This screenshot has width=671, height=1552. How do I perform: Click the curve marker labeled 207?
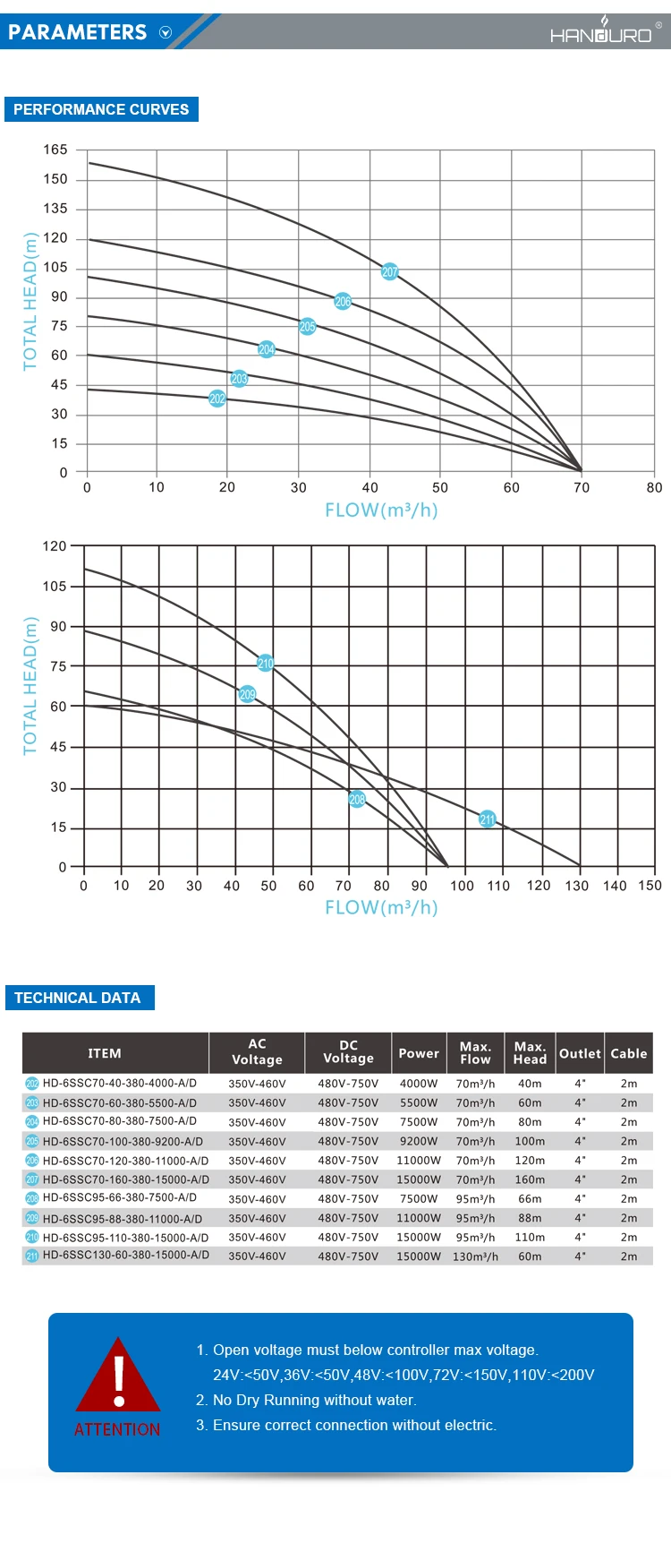click(389, 271)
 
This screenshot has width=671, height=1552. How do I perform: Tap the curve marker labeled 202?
click(217, 399)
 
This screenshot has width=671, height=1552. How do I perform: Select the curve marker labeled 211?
click(487, 819)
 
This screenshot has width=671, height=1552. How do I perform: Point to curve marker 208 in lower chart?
click(357, 799)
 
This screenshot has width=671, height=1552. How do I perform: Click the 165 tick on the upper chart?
click(55, 150)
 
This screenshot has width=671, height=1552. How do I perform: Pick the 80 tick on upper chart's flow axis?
click(654, 487)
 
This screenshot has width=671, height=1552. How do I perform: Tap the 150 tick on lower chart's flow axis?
click(650, 886)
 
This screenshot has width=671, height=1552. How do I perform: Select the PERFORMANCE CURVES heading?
click(101, 109)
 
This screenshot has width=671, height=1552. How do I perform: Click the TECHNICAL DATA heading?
click(78, 998)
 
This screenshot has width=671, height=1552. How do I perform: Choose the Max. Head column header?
click(530, 1053)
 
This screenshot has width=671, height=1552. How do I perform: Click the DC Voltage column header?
click(348, 1052)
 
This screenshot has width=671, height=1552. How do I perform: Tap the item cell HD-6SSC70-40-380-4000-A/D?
click(120, 1083)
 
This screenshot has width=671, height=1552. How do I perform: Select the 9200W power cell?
click(419, 1142)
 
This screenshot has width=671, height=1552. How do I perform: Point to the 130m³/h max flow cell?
click(475, 1256)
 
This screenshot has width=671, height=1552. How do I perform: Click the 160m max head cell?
click(530, 1180)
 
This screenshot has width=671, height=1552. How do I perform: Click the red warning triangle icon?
click(118, 1377)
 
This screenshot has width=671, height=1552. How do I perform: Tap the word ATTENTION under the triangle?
click(117, 1429)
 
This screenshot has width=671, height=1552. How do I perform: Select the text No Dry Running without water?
click(314, 1400)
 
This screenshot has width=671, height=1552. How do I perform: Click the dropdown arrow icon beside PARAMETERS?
click(165, 32)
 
